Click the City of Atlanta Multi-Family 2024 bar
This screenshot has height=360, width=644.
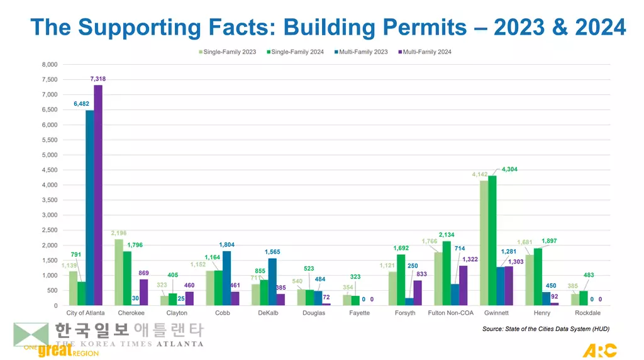pyautogui.click(x=98, y=195)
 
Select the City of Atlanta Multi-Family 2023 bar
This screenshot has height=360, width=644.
pyautogui.click(x=90, y=208)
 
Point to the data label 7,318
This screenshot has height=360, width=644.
pyautogui.click(x=98, y=79)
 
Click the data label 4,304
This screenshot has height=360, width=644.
pyautogui.click(x=509, y=169)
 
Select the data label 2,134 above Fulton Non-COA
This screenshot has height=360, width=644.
pyautogui.click(x=447, y=235)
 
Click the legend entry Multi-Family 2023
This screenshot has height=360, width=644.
pyautogui.click(x=363, y=52)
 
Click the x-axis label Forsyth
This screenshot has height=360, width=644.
pyautogui.click(x=405, y=313)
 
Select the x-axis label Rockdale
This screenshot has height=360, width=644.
pyautogui.click(x=587, y=313)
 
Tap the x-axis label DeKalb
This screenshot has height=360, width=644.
pyautogui.click(x=268, y=313)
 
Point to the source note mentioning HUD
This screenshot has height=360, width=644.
pyautogui.click(x=545, y=329)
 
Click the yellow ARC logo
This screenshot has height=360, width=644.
pyautogui.click(x=599, y=350)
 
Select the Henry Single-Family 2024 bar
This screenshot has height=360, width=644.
pyautogui.click(x=538, y=277)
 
